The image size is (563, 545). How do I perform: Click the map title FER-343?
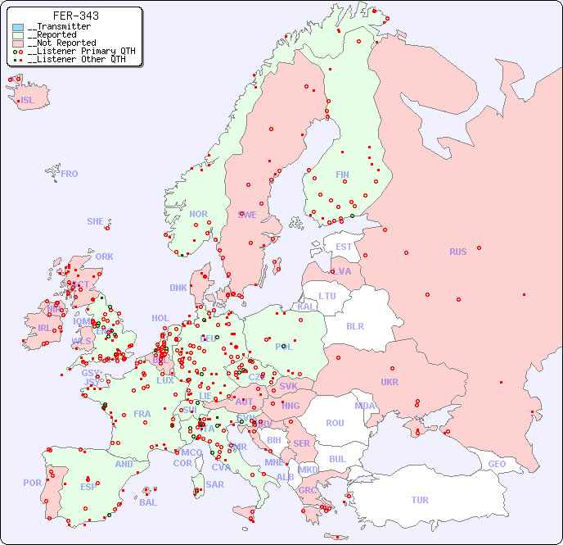pos(75,16)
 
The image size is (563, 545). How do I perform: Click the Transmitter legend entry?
pos(58,27)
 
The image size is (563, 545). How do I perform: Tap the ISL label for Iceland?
pos(28,101)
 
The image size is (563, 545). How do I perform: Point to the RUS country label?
pos(457,252)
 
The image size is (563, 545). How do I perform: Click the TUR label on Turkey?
pos(420,500)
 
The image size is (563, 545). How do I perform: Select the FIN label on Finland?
pos(342,175)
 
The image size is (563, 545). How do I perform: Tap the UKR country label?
pos(390,382)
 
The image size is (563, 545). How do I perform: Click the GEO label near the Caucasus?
pos(497,464)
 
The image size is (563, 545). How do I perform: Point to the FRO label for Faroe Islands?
pos(70,174)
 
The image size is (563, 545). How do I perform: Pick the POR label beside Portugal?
pos(32,483)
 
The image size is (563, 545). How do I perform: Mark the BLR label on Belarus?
pos(355,325)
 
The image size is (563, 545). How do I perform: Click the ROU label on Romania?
pos(335,423)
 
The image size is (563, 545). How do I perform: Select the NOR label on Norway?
pos(198,214)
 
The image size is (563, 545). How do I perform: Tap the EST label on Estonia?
pos(344,247)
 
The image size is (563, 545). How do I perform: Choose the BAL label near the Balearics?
pos(147,502)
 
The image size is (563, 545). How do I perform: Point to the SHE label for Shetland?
pos(96,221)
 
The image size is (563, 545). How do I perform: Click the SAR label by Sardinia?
pos(214,484)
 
